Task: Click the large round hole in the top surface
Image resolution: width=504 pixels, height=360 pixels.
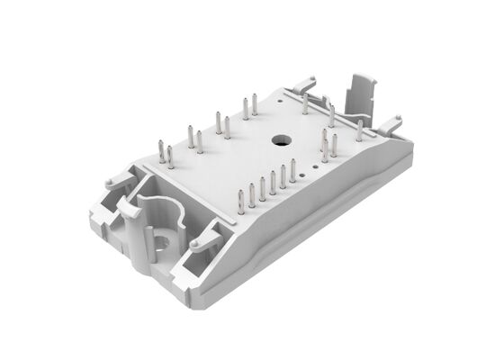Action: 279,140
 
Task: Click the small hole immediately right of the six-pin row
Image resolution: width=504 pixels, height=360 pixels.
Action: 305,176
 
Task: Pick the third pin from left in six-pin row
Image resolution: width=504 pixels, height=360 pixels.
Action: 262,187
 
